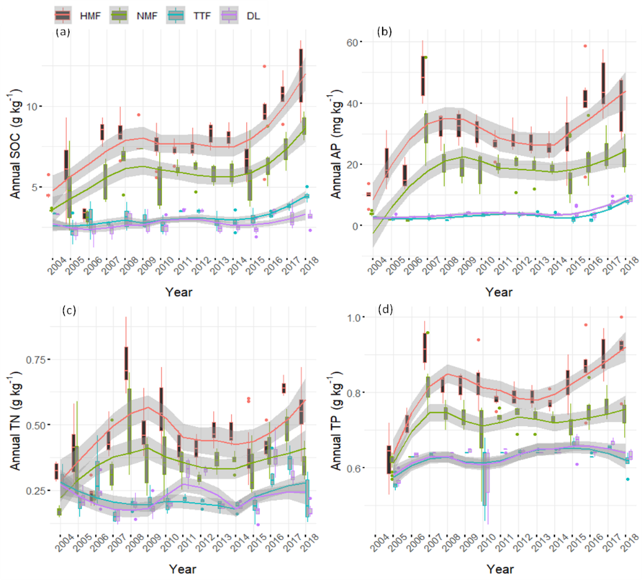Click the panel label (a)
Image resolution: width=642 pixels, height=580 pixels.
[x=63, y=32]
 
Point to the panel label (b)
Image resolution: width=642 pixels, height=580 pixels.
[x=384, y=32]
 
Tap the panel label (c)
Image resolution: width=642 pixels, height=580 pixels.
[x=69, y=310]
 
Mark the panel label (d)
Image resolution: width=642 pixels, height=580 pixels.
[x=386, y=309]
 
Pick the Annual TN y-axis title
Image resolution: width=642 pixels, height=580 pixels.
[x=15, y=426]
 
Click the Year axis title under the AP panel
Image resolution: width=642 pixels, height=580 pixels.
[x=499, y=292]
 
